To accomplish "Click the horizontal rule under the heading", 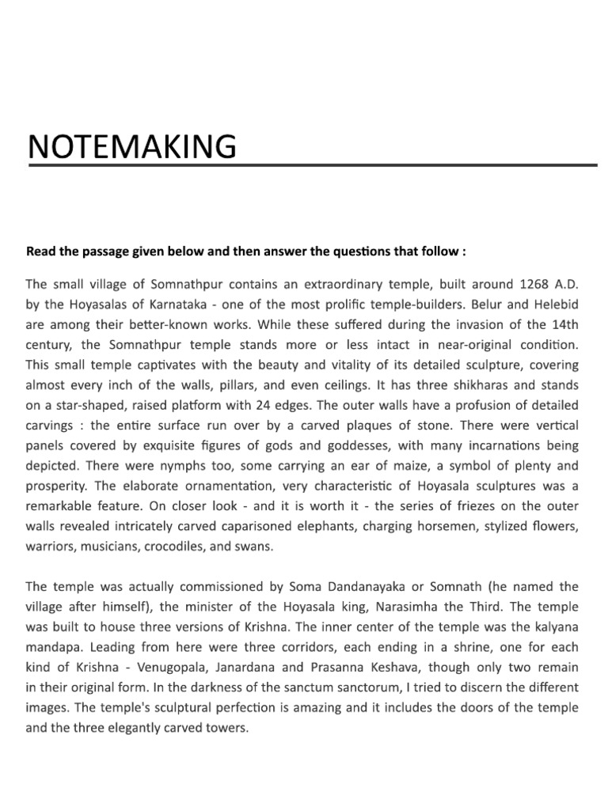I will [x=312, y=166].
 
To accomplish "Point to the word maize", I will [x=409, y=466].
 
